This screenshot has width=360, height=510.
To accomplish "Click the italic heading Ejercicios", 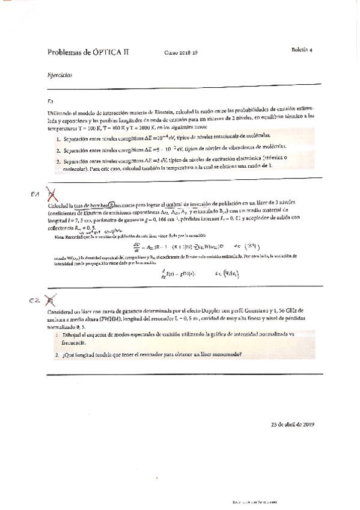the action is click(59, 76).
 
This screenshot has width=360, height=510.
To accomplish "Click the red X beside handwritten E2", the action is click(52, 300).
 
